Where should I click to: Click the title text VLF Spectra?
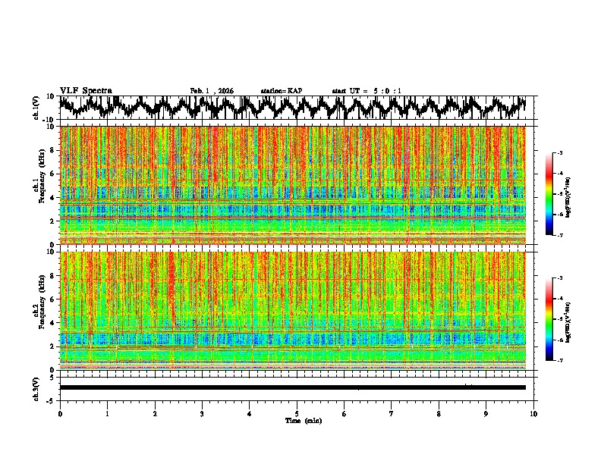(86, 90)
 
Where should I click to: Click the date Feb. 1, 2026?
(212, 91)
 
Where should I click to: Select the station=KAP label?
(281, 91)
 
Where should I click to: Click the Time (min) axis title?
(303, 420)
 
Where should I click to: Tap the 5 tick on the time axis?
(297, 413)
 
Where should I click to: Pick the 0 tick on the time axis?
(60, 413)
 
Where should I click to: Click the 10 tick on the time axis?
(533, 413)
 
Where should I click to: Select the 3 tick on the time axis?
(202, 413)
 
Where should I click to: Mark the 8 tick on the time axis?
(439, 413)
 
